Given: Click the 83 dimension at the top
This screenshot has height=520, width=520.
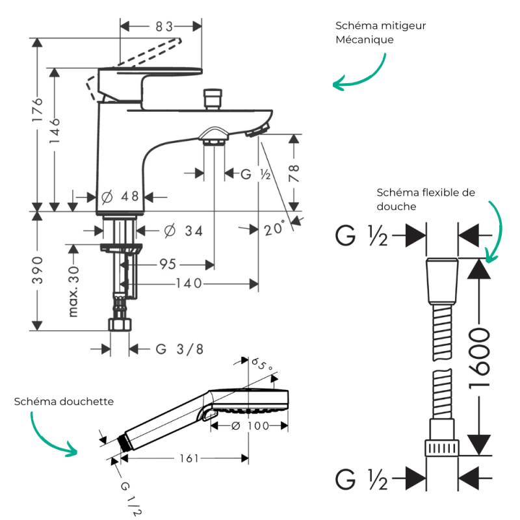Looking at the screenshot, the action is pos(164,27).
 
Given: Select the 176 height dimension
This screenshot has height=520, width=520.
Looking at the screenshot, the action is pos(38,109).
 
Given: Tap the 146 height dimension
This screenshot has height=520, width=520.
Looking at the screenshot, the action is pos(55,131).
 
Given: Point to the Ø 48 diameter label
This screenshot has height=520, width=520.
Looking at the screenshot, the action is pos(120,197).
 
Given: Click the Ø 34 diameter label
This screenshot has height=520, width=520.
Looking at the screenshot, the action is pos(183,231).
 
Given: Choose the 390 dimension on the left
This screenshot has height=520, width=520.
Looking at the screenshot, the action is pos(38,270).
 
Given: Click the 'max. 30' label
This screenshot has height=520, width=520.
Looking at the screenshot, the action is pos(73,291).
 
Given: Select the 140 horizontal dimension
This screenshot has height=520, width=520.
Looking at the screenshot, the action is pos(188,283).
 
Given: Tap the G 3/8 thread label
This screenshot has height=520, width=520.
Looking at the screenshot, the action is pos(179,349).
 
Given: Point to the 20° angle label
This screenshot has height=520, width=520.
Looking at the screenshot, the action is pos(274,228).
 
